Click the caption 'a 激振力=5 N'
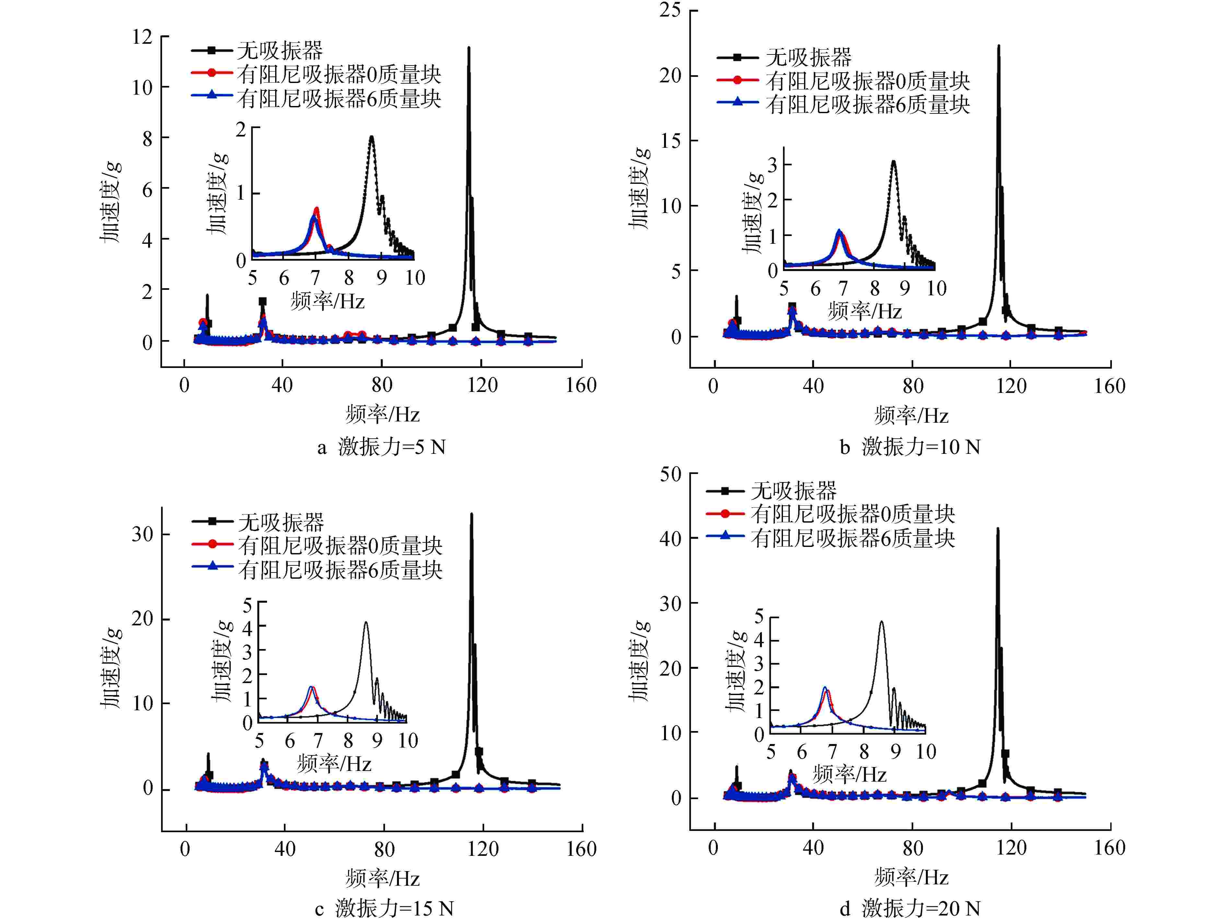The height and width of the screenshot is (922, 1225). [x=381, y=447]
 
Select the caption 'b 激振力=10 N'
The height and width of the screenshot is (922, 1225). [x=909, y=447]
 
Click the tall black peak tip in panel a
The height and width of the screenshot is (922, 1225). [x=469, y=48]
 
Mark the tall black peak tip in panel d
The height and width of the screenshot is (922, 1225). [x=998, y=529]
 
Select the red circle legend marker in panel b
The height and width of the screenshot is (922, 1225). [x=737, y=80]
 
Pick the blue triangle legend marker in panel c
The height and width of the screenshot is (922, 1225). [x=212, y=566]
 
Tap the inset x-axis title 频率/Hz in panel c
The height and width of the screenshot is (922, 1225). [x=334, y=763]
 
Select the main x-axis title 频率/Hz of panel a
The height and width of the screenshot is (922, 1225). [x=382, y=414]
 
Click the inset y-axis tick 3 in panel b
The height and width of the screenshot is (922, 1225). [x=773, y=165]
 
